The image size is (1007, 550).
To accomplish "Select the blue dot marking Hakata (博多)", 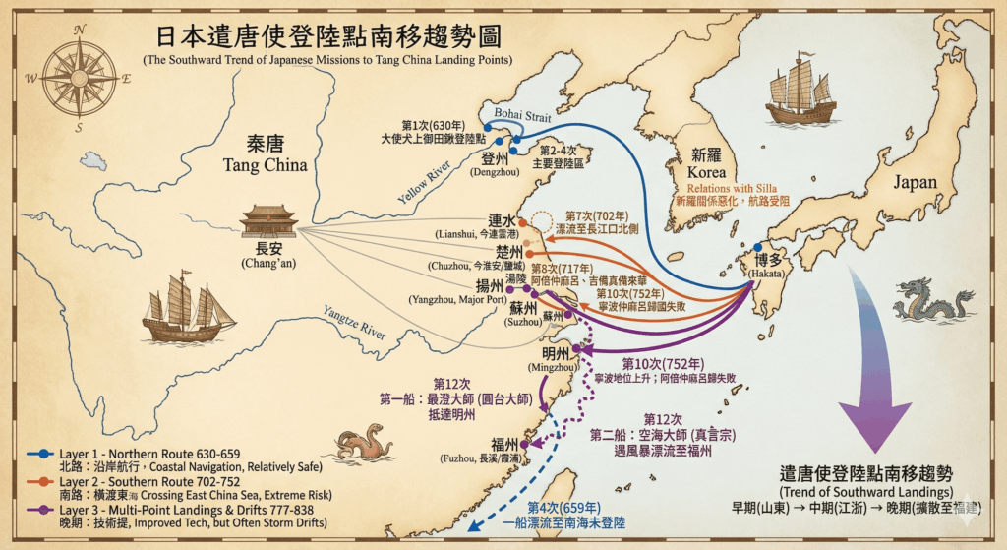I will [757, 247].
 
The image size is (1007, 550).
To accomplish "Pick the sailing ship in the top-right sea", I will [800, 91].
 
